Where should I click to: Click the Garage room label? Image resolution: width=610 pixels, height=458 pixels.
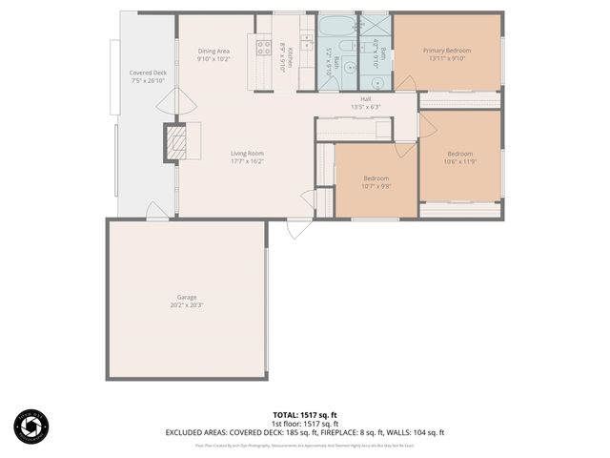(186, 297)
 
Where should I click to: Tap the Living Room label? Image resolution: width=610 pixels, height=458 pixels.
(246, 153)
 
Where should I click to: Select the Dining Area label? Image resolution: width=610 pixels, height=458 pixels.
(213, 51)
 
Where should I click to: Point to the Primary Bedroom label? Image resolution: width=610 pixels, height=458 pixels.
(447, 50)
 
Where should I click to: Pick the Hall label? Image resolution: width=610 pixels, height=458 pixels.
(366, 98)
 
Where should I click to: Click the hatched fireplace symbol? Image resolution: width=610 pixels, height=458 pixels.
(175, 141)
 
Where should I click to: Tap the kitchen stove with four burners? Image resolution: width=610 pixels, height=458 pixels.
(264, 47)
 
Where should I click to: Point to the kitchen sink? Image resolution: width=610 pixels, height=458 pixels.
(307, 41)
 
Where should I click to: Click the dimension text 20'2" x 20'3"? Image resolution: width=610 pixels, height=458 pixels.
(186, 305)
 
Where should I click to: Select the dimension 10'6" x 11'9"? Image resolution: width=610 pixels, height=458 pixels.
(460, 161)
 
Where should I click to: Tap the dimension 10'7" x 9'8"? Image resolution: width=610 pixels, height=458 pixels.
(376, 186)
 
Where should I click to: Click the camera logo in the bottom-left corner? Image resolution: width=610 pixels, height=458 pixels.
(31, 426)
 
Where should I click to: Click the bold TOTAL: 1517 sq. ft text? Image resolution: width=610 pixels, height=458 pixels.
(305, 415)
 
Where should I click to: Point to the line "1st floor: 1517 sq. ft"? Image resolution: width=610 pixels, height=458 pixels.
(305, 424)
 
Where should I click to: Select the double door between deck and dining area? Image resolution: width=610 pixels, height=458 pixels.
(175, 100)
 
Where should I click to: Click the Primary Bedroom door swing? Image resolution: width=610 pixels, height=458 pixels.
(405, 83)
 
